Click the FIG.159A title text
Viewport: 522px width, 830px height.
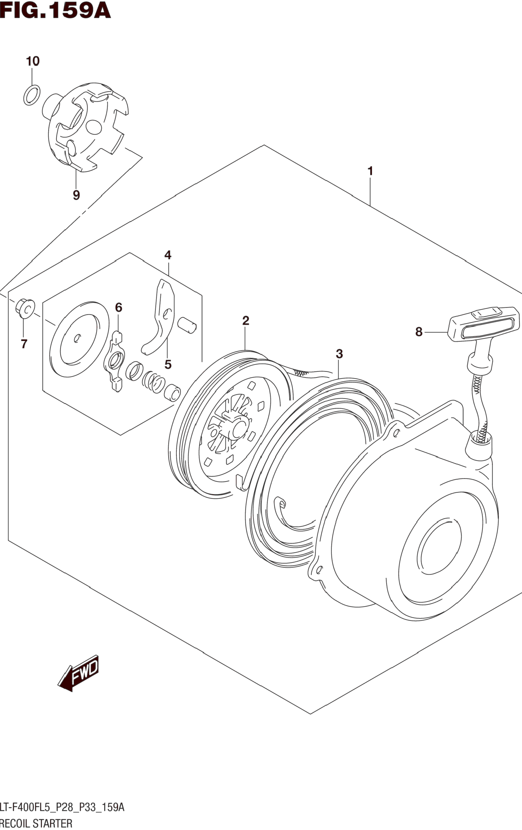pos(55,10)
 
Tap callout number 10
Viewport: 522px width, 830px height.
pos(33,61)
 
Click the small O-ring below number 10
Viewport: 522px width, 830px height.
pos(32,95)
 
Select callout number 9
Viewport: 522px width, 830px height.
pos(76,195)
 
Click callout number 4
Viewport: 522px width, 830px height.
pos(168,255)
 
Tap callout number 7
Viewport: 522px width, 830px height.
pos(24,344)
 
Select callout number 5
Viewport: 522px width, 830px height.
pos(168,364)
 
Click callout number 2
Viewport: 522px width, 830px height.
pos(246,321)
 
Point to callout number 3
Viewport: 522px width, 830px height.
pos(339,354)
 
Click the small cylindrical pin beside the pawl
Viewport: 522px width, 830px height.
pos(187,326)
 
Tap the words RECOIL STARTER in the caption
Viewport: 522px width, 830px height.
pos(36,823)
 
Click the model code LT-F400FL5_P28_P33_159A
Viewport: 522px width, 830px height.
pos(62,805)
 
